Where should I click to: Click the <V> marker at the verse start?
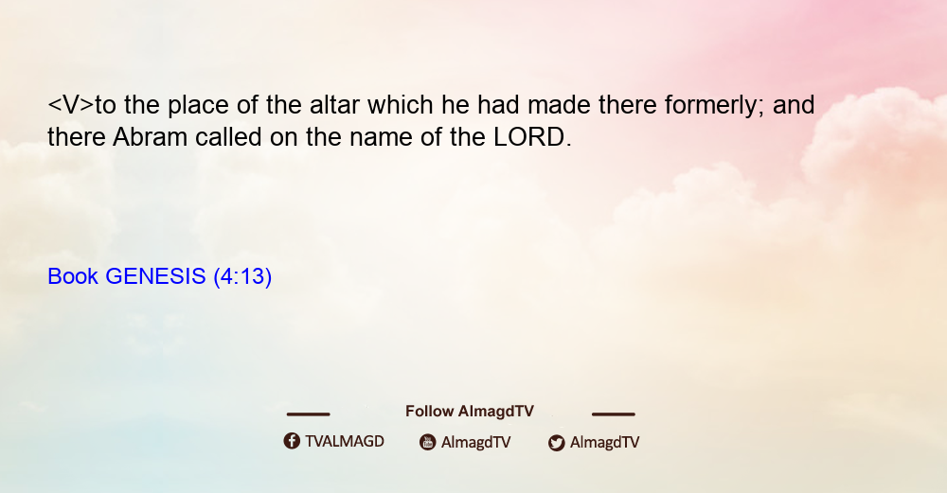coord(71,106)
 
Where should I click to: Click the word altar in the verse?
coord(335,105)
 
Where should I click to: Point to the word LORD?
coord(528,137)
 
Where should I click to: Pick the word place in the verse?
coord(198,106)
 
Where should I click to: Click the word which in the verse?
coord(401,105)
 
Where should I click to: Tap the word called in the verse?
coord(228,137)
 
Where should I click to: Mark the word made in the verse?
coord(560,105)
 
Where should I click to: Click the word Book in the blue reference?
coord(73,276)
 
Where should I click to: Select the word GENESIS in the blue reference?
coord(155,276)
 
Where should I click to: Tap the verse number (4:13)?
coord(242,277)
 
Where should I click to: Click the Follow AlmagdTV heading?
coord(470,412)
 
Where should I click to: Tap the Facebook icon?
coord(292,441)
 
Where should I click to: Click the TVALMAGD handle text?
coord(345,441)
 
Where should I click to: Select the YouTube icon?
coord(428,442)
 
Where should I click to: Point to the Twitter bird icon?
coord(556,443)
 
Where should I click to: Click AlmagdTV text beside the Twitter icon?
coord(604,443)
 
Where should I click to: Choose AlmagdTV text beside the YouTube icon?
coord(475,443)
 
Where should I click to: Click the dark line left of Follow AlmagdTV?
coord(308,414)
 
